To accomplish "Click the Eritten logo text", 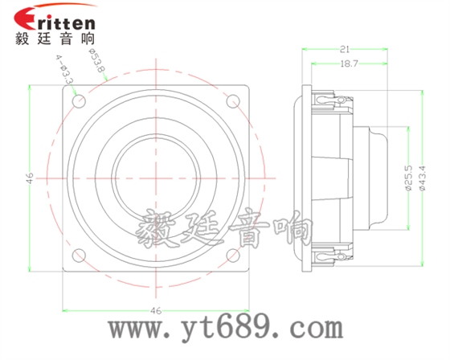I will (x=55, y=18).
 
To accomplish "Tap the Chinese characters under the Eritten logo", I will (x=55, y=37).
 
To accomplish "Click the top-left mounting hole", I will (x=78, y=100).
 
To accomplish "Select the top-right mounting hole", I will (x=234, y=100).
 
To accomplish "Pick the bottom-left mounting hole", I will (x=78, y=256).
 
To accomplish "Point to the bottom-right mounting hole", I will (x=234, y=256).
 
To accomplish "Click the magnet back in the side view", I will (x=378, y=178).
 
